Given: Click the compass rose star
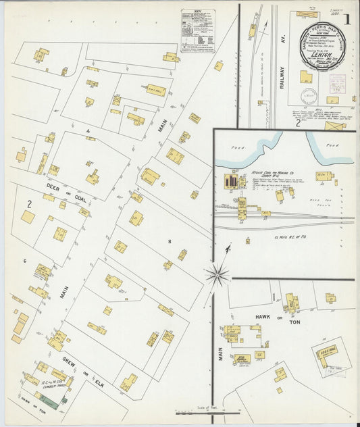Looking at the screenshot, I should (x=217, y=273).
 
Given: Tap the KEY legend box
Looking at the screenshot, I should (x=198, y=30).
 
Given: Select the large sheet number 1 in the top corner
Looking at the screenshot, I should (x=346, y=18).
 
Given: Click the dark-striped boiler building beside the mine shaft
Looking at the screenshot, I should (x=232, y=182).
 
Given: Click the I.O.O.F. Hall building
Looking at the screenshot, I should (x=328, y=353).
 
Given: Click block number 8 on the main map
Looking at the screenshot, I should (x=170, y=240).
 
